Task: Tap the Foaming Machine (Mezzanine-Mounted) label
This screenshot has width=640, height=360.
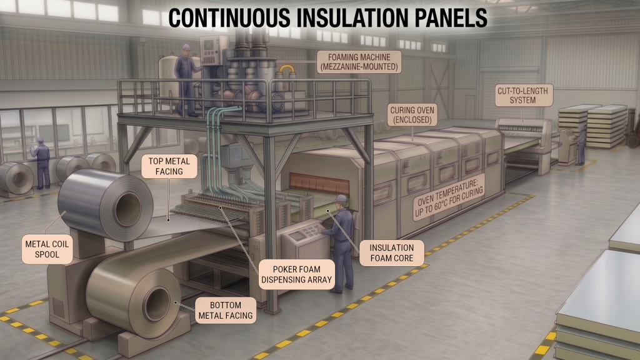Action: pos(359,62)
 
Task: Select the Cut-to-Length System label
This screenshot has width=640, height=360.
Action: pos(522,95)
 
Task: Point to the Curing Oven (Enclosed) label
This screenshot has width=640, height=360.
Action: pos(412,115)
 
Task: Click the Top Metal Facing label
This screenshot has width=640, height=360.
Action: pos(169,166)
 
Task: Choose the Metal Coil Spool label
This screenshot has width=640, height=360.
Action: pos(47,249)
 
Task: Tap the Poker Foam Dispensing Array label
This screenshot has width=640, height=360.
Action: pos(296,274)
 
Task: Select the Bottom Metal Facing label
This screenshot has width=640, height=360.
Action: pos(225,310)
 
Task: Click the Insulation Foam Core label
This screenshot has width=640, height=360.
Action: pos(391,252)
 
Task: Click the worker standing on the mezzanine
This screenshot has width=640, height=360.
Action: pos(187,80)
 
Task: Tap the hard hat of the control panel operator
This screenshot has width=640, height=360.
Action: pos(341,199)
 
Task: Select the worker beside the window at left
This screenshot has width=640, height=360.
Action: pos(42,162)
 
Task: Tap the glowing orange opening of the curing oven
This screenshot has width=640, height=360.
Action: pos(319,182)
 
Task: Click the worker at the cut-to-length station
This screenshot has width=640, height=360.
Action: pos(580,143)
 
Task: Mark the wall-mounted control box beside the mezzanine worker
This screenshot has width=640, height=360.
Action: pos(212,51)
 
